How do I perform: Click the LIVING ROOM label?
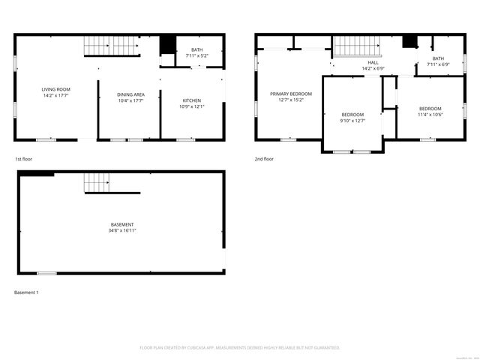point(55,89)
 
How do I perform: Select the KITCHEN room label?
point(192,100)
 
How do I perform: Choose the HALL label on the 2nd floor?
point(373,62)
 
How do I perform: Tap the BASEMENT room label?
point(122,224)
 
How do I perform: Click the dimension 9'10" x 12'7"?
point(352,120)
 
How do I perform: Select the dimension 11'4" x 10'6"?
point(430,114)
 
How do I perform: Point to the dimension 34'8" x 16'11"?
point(122,230)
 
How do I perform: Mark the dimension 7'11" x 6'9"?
point(438,64)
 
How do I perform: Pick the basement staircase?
point(97,182)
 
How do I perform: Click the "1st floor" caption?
point(23,159)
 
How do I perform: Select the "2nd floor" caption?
point(264,159)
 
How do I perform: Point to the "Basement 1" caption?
point(26,292)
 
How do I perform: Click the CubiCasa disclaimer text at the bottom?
point(240,347)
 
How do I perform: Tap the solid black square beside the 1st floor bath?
point(167,44)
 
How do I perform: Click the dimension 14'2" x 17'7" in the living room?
point(55,95)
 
